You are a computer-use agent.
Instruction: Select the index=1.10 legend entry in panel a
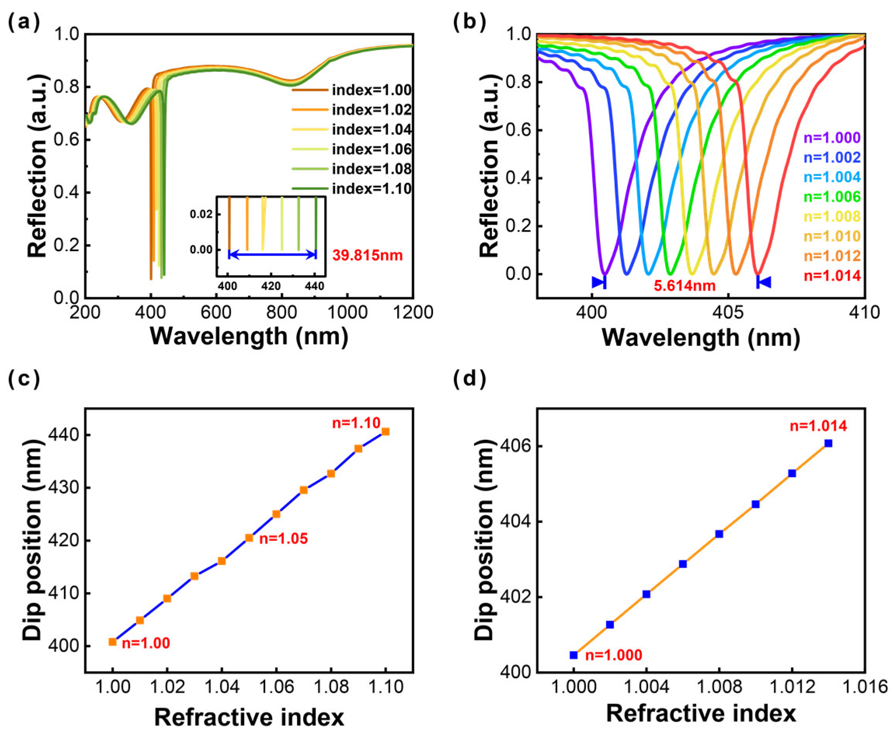coord(371,189)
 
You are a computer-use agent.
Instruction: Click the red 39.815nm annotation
coord(367,255)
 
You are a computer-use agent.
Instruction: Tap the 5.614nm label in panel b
coord(685,286)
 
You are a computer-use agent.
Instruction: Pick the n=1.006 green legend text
coord(832,197)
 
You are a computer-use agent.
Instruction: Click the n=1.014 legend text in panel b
coord(832,276)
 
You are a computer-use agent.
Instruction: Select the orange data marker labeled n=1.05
coord(249,538)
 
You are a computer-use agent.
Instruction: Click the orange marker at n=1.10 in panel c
coord(385,432)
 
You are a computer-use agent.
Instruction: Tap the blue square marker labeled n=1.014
coord(828,443)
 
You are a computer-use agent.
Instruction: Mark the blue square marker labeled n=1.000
coord(573,655)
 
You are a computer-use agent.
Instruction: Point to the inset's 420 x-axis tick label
coord(271,286)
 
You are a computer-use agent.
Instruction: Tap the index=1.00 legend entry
coord(371,90)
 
